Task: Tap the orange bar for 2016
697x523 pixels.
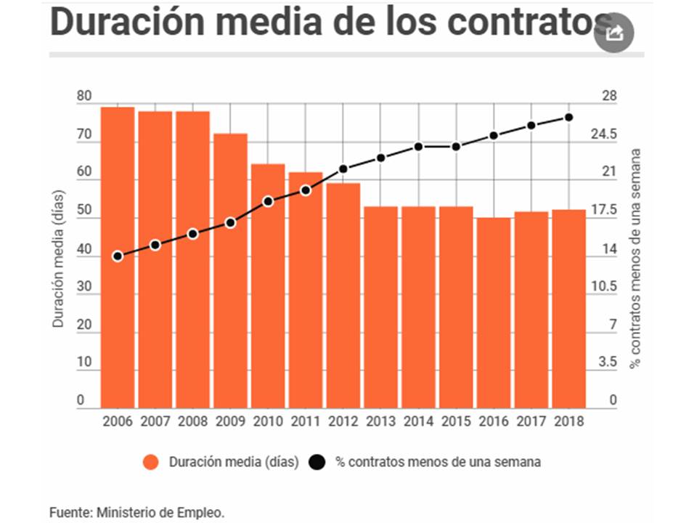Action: point(494,312)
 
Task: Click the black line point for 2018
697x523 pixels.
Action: point(569,118)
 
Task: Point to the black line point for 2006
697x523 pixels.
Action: point(118,256)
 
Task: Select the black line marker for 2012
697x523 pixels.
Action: point(343,169)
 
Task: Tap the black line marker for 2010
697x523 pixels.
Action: point(268,201)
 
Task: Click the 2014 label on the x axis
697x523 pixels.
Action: point(418,421)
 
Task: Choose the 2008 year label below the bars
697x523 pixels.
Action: point(192,421)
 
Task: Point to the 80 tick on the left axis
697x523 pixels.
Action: point(85,97)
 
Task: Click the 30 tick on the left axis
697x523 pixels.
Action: point(85,287)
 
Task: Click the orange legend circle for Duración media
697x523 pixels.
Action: point(151,462)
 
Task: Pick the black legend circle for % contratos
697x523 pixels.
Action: point(317,462)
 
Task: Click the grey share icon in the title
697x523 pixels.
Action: point(614,32)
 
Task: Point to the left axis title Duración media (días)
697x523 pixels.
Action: point(59,258)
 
